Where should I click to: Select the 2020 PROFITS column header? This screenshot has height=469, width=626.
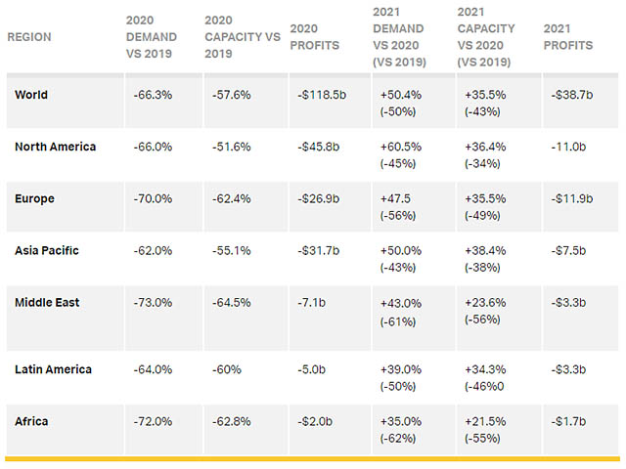click(x=315, y=37)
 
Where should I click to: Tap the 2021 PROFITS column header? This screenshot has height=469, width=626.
click(x=567, y=37)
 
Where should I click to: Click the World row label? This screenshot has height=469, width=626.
click(x=31, y=95)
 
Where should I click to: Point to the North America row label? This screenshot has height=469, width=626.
click(x=56, y=147)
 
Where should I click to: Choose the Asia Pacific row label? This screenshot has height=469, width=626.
click(x=47, y=250)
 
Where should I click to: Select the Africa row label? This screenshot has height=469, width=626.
click(x=31, y=421)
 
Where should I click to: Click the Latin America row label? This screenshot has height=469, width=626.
click(x=54, y=369)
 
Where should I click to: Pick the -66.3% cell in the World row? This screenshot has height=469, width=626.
click(x=154, y=96)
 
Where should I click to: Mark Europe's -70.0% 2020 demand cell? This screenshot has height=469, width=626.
click(x=154, y=199)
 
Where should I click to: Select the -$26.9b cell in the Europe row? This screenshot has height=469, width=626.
click(x=318, y=199)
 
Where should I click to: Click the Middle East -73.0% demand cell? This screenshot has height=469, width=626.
click(x=154, y=303)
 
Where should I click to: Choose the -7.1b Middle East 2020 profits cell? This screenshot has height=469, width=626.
click(x=315, y=303)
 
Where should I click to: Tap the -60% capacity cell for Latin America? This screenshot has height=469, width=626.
click(x=225, y=370)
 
